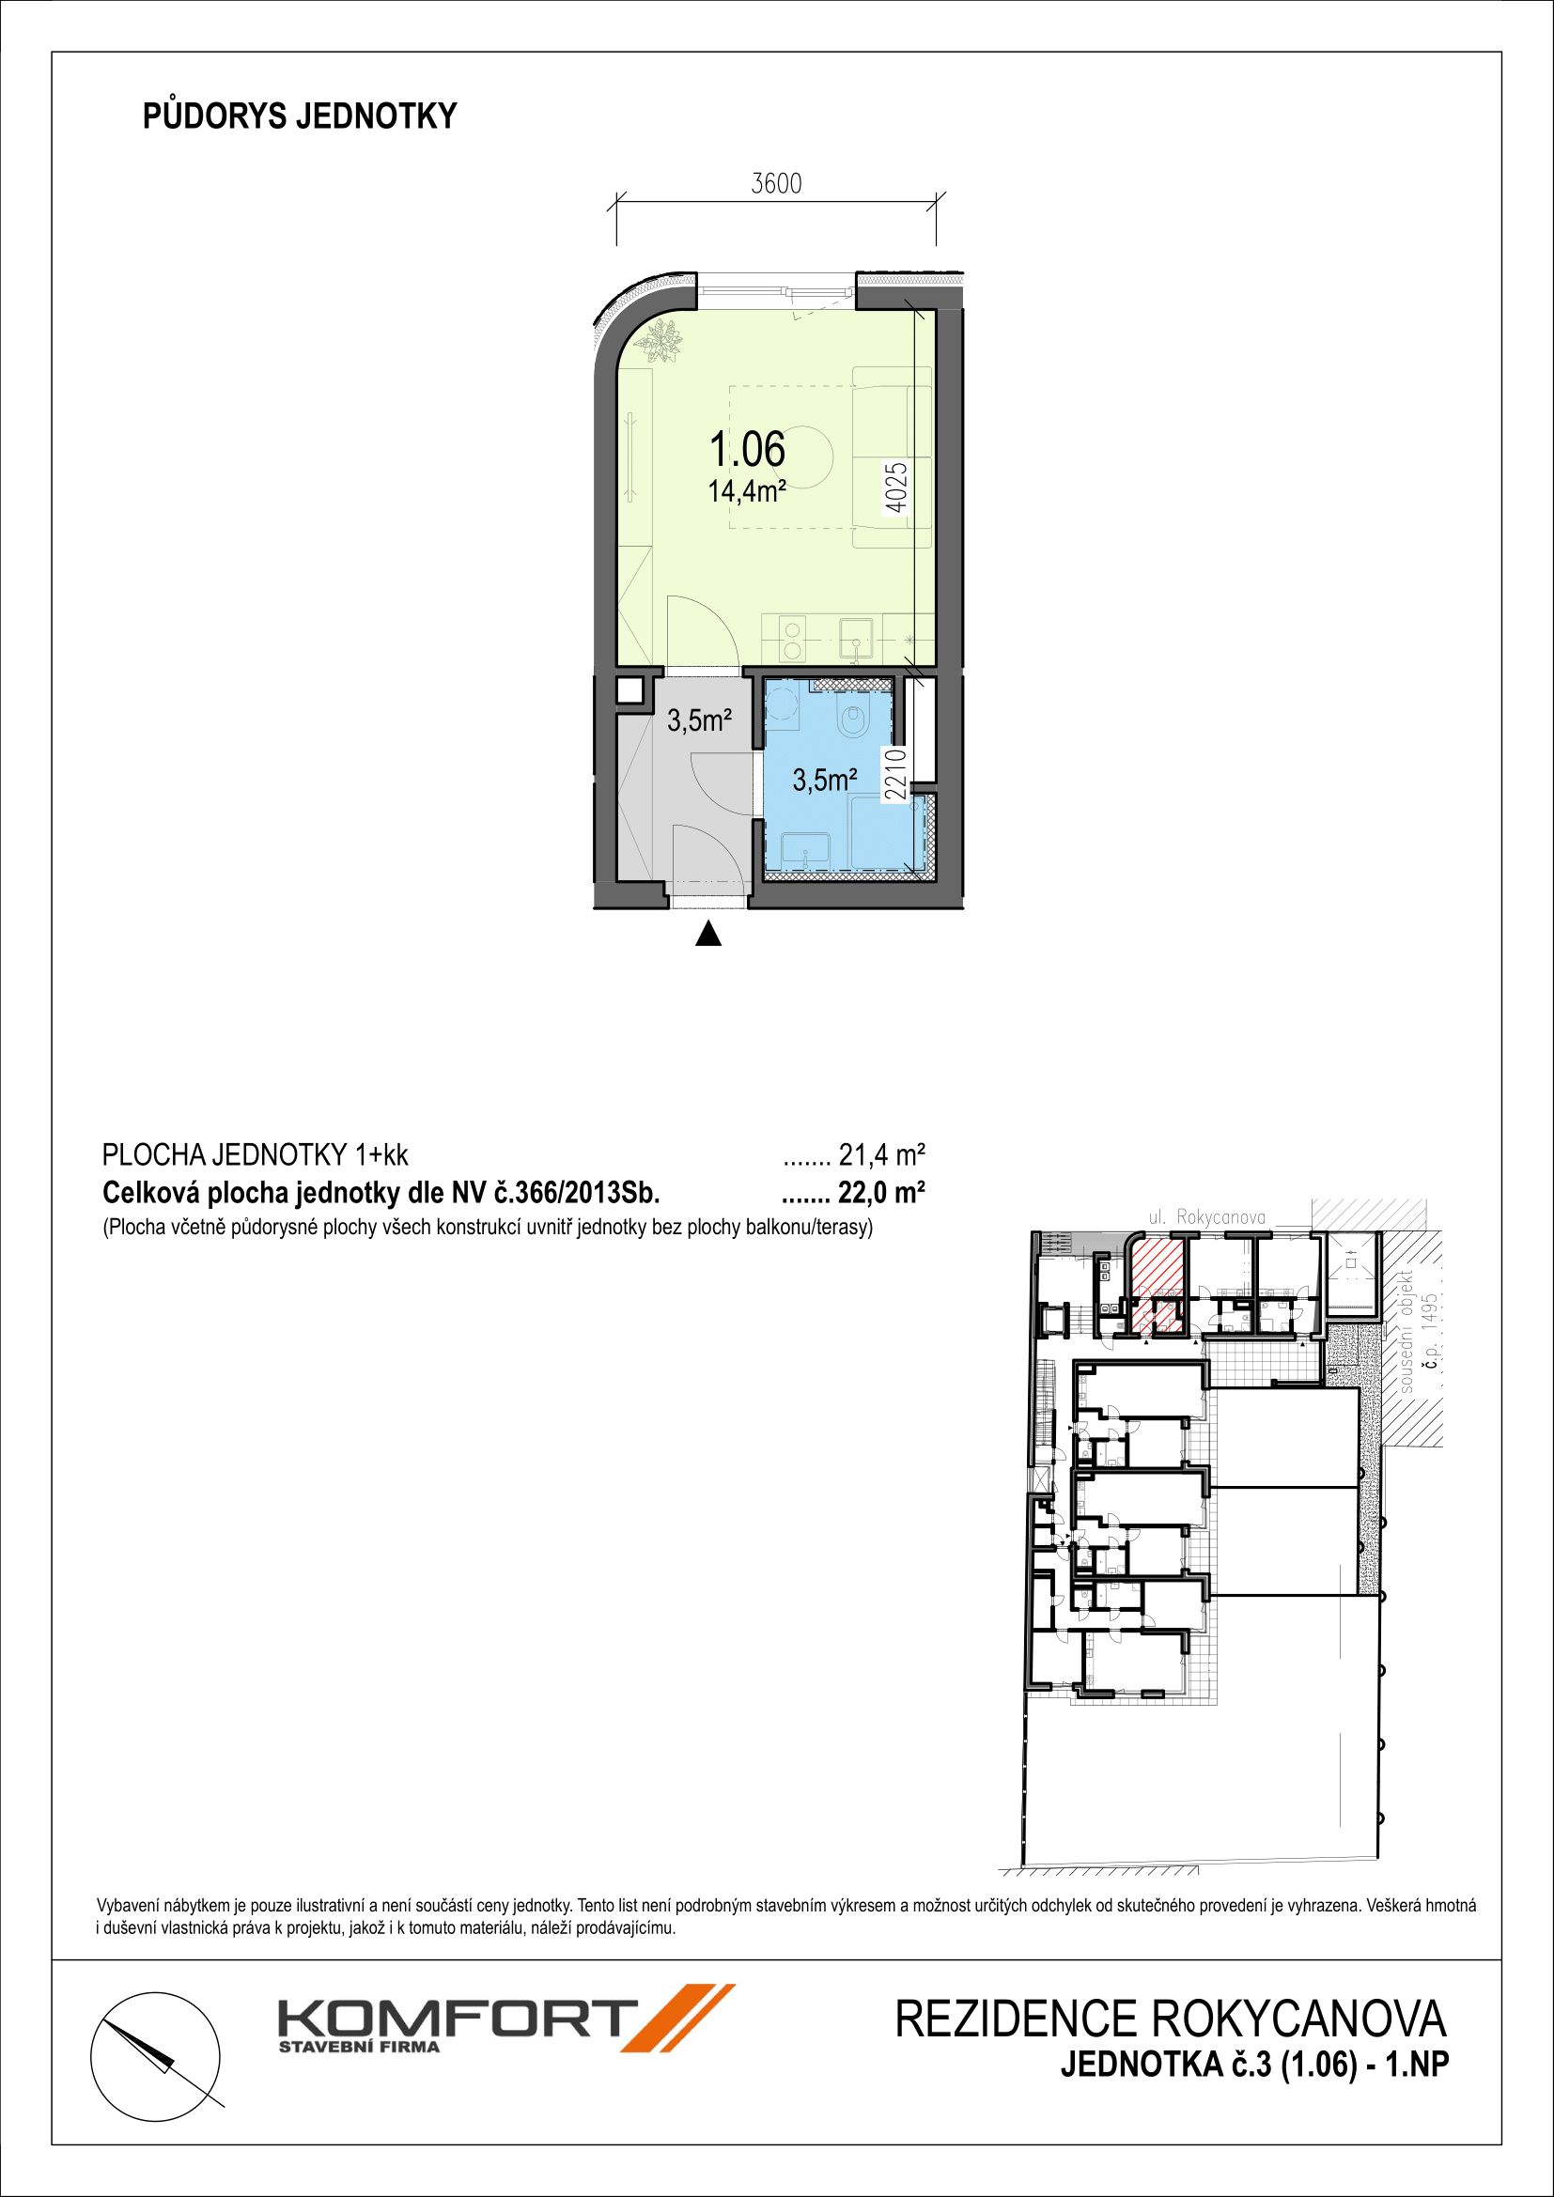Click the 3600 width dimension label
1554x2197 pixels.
[x=776, y=183]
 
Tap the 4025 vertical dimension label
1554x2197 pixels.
[x=894, y=488]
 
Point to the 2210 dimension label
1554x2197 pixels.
[x=894, y=774]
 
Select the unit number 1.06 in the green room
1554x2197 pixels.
[x=746, y=450]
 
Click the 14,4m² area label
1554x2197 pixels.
[x=746, y=492]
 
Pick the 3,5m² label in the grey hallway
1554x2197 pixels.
[x=700, y=720]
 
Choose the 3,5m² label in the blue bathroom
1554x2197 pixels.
[x=825, y=780]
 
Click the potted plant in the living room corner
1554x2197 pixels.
[x=660, y=342]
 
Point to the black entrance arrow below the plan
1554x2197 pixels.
[x=708, y=933]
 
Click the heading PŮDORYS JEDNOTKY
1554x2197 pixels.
[x=301, y=116]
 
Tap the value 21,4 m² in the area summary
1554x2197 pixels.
[x=881, y=1156]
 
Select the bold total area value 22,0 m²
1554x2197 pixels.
[x=881, y=1193]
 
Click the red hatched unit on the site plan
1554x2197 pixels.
[x=1157, y=1285]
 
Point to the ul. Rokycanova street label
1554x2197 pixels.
[x=1206, y=1217]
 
